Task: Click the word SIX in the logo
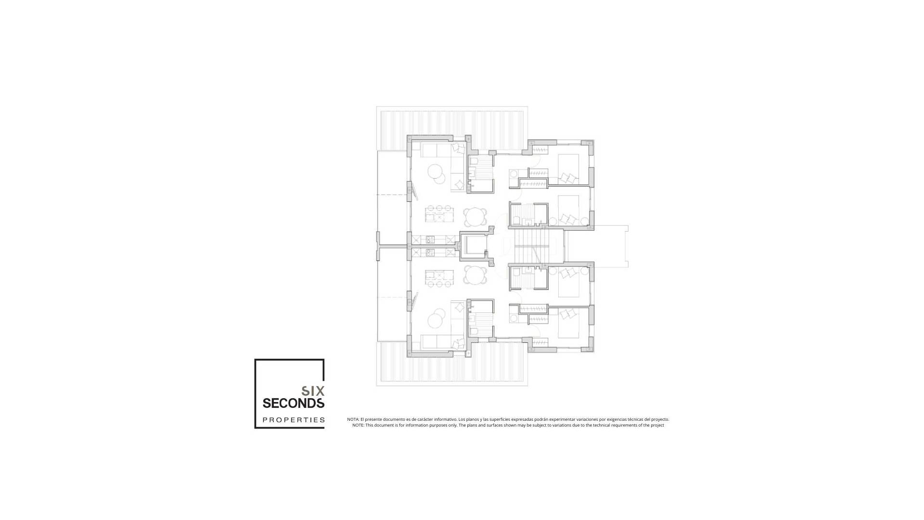click(313, 390)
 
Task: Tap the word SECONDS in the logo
click(293, 403)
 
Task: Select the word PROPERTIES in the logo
click(294, 420)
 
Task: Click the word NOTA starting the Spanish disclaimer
click(353, 419)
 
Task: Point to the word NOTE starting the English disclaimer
click(358, 425)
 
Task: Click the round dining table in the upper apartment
click(475, 217)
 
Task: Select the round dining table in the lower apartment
click(475, 275)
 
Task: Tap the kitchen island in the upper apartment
click(102, 214)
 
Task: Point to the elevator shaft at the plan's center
click(473, 245)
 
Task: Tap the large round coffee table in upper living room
click(436, 171)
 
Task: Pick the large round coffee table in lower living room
click(436, 320)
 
